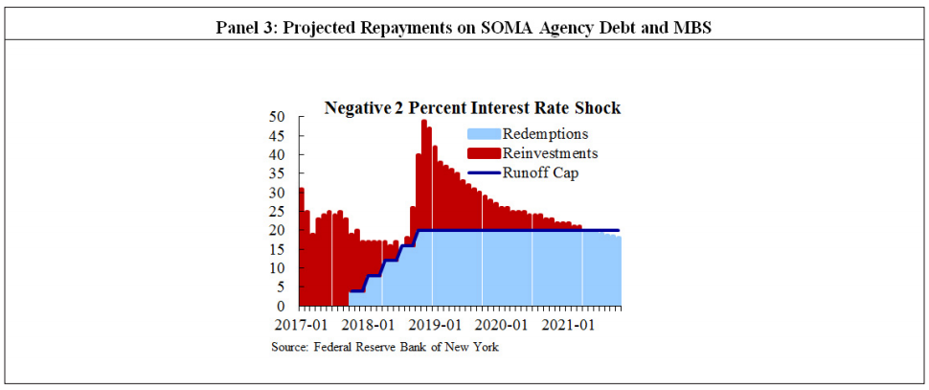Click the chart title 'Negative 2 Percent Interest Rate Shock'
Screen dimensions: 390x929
(x=472, y=108)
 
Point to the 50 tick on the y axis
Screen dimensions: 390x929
(x=277, y=117)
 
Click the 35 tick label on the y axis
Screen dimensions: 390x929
(x=277, y=173)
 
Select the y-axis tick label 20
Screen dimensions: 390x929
(x=277, y=231)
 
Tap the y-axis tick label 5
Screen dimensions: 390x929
(x=281, y=287)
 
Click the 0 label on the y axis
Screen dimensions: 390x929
(x=281, y=307)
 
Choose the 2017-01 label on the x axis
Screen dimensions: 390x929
(x=292, y=326)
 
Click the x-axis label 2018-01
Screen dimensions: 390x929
(x=368, y=326)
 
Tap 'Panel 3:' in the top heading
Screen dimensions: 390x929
(x=247, y=28)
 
